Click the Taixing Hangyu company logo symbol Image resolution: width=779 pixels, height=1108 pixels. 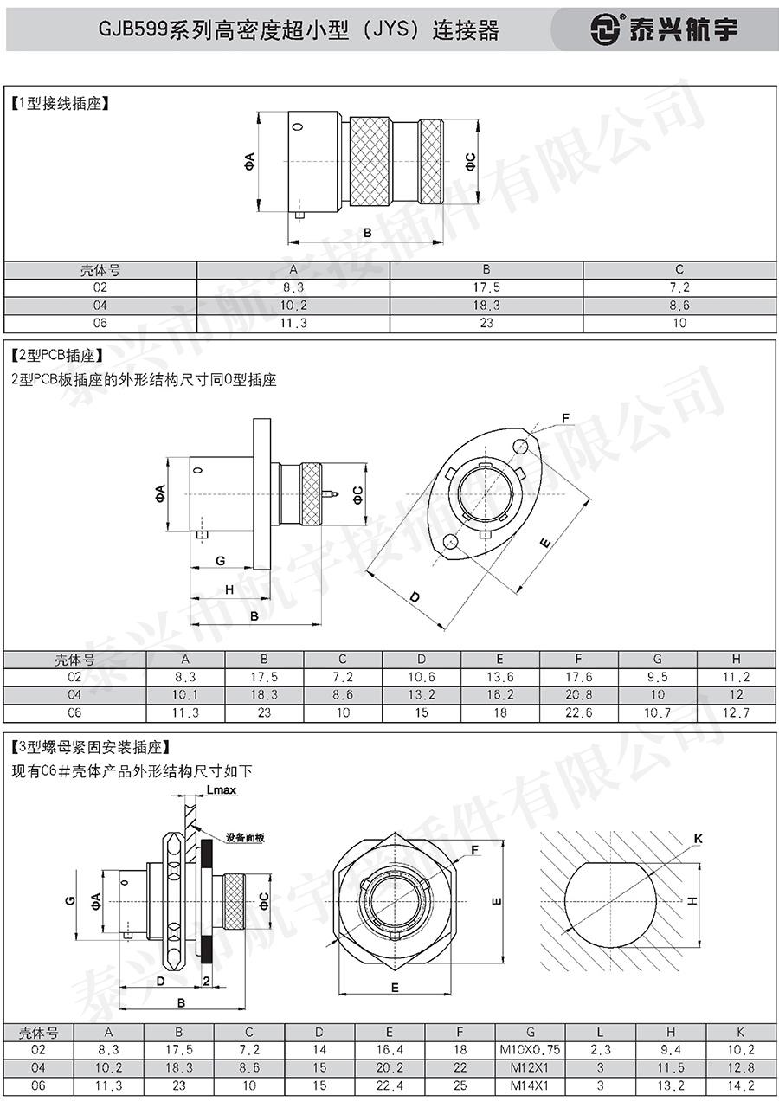[605, 29]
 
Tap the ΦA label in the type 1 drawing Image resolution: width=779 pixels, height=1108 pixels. [250, 162]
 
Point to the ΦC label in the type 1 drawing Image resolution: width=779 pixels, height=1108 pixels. [470, 162]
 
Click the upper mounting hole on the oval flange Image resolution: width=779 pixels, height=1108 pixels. [520, 447]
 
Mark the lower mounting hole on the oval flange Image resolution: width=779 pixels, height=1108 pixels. [450, 542]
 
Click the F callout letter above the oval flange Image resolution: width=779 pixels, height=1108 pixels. [566, 418]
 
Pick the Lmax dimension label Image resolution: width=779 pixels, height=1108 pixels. [221, 790]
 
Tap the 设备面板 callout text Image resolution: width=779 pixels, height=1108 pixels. [245, 837]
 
